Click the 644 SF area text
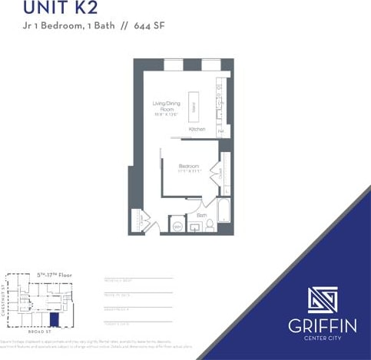coord(149,25)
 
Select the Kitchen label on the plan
coord(197,130)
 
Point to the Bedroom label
coord(189,167)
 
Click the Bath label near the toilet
coord(201,216)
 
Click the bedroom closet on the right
coord(225,173)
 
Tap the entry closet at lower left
coord(138,220)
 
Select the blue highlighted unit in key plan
coord(54,319)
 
